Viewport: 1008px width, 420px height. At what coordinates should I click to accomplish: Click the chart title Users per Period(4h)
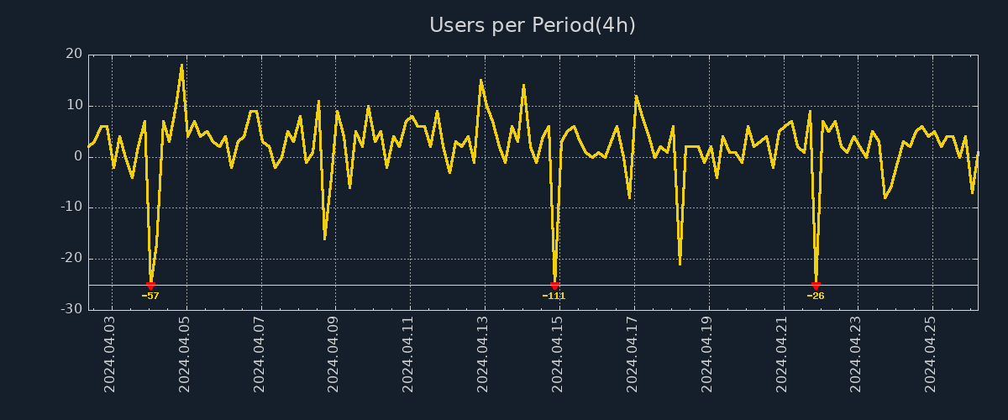(533, 26)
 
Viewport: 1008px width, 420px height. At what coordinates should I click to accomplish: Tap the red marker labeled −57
(150, 286)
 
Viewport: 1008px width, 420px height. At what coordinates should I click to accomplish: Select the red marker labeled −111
(554, 286)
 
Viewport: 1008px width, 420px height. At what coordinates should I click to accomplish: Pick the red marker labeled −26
(816, 286)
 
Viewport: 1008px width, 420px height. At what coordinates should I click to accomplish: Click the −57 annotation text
(150, 296)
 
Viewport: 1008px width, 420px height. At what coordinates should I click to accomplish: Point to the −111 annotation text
(554, 296)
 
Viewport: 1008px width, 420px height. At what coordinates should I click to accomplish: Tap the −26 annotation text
(816, 296)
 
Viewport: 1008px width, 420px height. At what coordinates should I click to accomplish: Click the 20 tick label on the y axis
(74, 55)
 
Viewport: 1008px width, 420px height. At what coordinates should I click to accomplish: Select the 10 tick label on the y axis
(74, 106)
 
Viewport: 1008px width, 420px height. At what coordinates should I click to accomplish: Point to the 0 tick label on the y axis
(78, 156)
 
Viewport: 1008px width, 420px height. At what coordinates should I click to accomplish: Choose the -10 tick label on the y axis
(71, 207)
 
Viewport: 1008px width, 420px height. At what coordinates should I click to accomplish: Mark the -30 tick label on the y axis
(71, 309)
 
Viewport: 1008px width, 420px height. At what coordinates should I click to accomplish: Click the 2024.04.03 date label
(110, 354)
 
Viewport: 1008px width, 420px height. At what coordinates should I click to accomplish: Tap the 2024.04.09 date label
(333, 354)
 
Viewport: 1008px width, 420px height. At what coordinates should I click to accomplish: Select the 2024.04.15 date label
(558, 354)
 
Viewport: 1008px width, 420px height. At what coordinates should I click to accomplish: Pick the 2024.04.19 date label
(706, 354)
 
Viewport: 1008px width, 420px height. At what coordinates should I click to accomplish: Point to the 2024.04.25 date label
(930, 354)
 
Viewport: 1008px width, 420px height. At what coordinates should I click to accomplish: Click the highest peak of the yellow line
(181, 66)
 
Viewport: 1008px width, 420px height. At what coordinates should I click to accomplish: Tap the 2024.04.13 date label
(483, 354)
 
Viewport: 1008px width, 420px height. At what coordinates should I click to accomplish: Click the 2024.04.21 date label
(781, 354)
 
